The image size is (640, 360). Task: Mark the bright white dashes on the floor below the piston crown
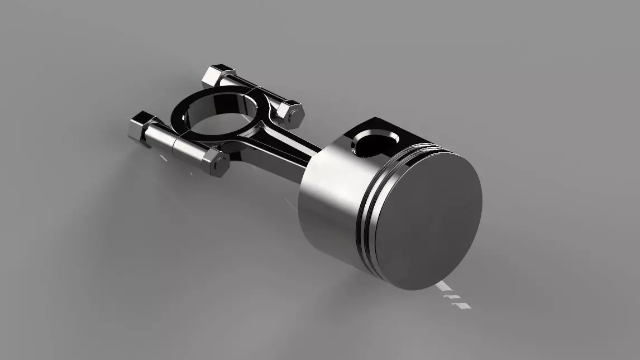452,296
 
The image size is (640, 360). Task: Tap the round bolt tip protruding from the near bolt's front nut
221,165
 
